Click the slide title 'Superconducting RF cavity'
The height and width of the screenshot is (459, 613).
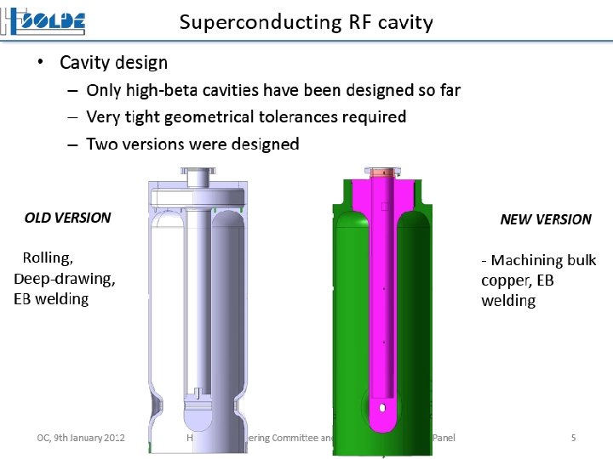click(x=306, y=22)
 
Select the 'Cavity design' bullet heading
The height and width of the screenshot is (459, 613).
click(x=113, y=63)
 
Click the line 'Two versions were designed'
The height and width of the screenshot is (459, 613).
click(x=192, y=144)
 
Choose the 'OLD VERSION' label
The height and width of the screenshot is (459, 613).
click(x=68, y=218)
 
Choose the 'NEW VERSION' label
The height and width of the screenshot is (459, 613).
click(x=546, y=219)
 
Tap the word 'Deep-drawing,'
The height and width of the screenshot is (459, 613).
click(x=65, y=278)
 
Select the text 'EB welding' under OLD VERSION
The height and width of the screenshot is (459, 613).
click(x=51, y=298)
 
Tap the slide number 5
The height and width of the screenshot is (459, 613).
click(x=573, y=438)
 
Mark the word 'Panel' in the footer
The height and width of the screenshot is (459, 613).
click(x=444, y=438)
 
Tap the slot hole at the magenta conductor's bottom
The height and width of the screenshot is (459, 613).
click(x=384, y=409)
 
